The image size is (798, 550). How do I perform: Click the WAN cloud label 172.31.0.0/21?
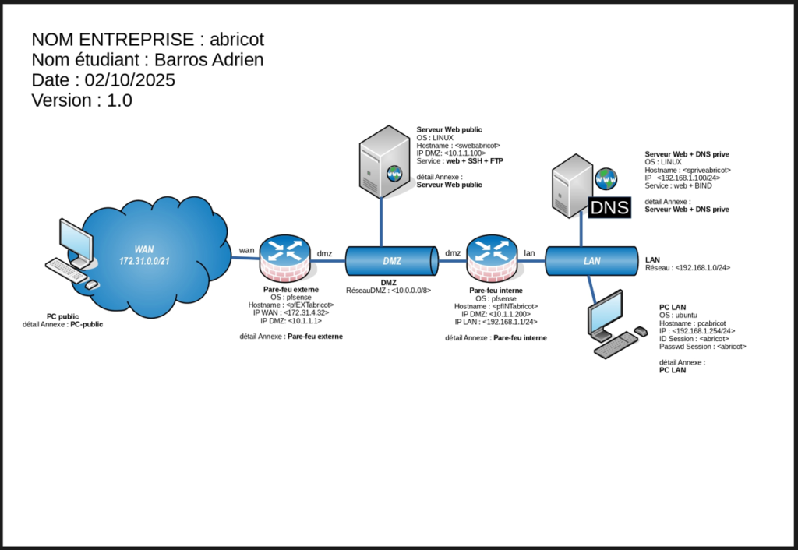(x=144, y=261)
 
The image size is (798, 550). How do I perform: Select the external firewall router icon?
(x=285, y=259)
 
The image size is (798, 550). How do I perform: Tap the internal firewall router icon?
(x=492, y=259)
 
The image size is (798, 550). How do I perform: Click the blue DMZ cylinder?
(x=392, y=261)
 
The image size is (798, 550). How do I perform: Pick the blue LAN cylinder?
(x=591, y=261)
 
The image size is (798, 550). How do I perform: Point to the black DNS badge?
(x=609, y=207)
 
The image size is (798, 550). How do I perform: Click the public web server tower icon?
(x=384, y=162)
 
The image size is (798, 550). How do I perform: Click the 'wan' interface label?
(x=247, y=250)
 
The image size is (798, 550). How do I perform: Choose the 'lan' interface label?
(x=529, y=253)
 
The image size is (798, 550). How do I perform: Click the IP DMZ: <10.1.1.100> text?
(x=451, y=153)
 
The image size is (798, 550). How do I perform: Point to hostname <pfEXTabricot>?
(x=291, y=305)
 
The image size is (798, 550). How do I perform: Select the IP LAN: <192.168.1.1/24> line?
(x=496, y=322)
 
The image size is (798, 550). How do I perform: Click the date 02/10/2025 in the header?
(x=130, y=80)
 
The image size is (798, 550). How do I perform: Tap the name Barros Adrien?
(x=209, y=59)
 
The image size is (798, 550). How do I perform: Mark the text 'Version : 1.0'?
(x=82, y=100)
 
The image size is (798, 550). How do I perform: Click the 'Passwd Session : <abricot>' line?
(x=703, y=347)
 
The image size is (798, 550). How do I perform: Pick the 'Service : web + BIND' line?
(x=679, y=185)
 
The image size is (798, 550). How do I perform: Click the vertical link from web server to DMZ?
(x=381, y=222)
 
